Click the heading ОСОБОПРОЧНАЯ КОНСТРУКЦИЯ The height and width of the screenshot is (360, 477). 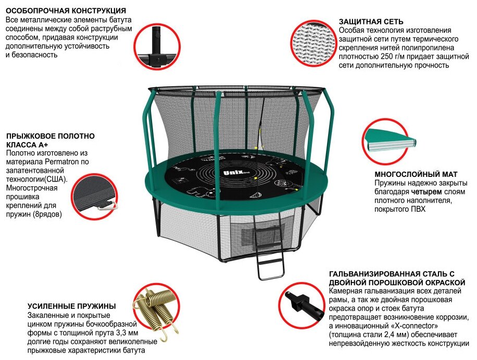pos(65,10)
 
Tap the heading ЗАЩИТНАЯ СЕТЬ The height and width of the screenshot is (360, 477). pos(371,22)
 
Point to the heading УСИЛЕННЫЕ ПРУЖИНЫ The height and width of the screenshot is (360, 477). pos(71,306)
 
